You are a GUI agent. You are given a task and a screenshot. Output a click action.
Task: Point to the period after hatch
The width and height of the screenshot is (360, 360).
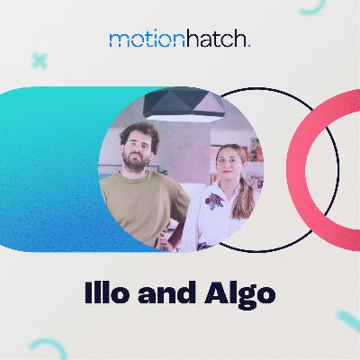[249, 44]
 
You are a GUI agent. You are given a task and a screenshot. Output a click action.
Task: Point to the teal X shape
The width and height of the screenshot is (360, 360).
[39, 61]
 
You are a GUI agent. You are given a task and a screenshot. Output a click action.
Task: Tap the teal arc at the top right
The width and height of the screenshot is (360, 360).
[311, 8]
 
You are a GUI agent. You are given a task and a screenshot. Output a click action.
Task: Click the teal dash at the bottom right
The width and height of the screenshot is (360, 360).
[347, 320]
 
